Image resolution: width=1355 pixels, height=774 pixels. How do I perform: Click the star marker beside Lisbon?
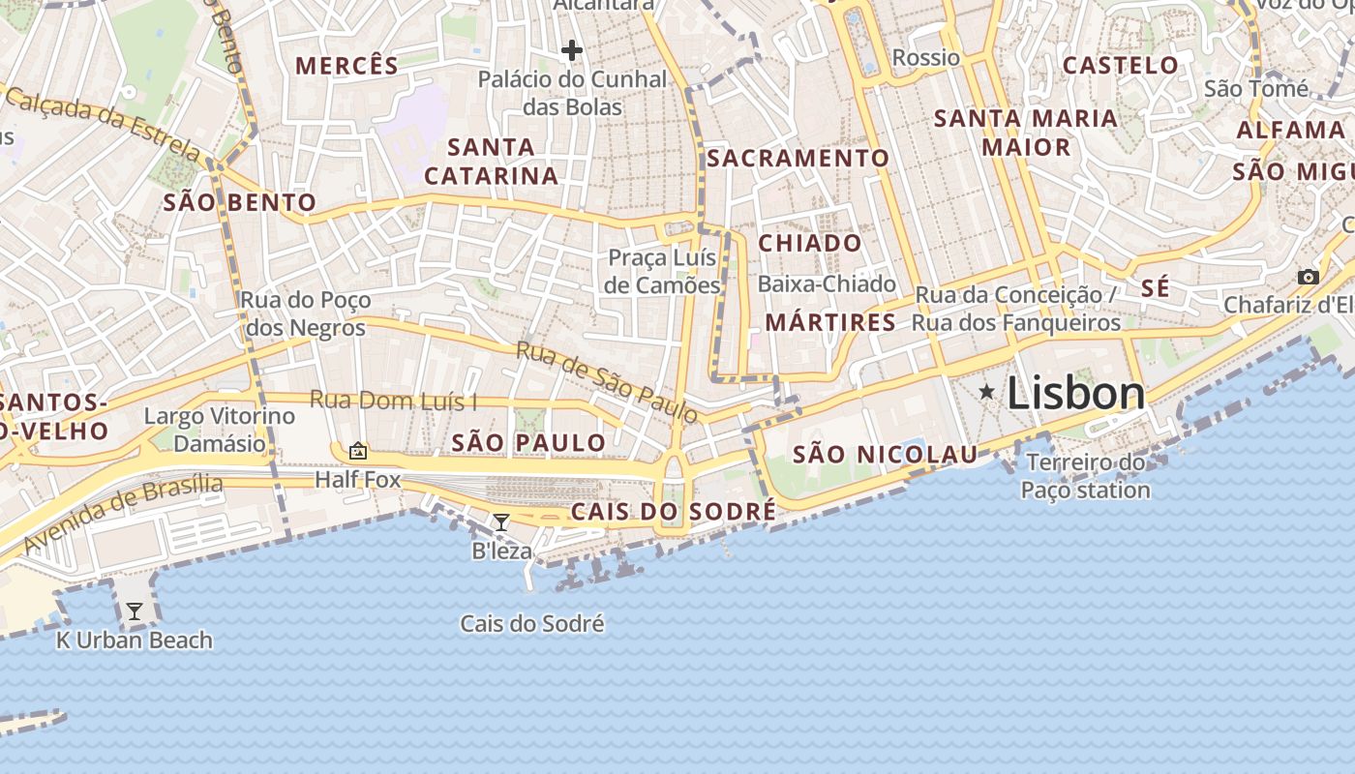pos(986,392)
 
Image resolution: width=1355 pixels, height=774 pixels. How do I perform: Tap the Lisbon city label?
pos(1076,394)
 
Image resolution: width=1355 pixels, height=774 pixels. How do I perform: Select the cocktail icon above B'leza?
pos(501,522)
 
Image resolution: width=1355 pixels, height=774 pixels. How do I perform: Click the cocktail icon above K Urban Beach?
pos(135,611)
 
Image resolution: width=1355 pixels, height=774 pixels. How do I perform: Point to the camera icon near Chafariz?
pos(1309,278)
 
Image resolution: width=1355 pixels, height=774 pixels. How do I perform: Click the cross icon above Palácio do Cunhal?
pos(572,50)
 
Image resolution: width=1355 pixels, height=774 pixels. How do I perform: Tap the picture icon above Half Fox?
pos(358,451)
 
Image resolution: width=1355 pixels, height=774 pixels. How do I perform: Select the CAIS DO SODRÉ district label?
pos(674,512)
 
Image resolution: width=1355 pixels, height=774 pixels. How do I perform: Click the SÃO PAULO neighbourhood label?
pos(529,443)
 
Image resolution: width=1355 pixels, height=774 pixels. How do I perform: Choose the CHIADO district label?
pos(810,244)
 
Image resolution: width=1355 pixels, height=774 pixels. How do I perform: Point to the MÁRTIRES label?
pos(830,323)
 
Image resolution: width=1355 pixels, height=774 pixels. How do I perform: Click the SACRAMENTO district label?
pos(798,159)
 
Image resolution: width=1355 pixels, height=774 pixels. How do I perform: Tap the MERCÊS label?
pos(346,66)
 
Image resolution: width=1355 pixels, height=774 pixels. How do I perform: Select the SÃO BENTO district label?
pos(240,202)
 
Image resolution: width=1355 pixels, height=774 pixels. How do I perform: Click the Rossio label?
pos(926,58)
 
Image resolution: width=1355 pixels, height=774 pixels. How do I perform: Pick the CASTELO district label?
pos(1121,66)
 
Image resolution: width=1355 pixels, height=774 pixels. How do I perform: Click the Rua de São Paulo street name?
pos(607,382)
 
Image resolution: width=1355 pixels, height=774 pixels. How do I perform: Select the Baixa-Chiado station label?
pos(828,284)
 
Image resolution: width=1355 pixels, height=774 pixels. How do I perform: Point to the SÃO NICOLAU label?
pos(886,454)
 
